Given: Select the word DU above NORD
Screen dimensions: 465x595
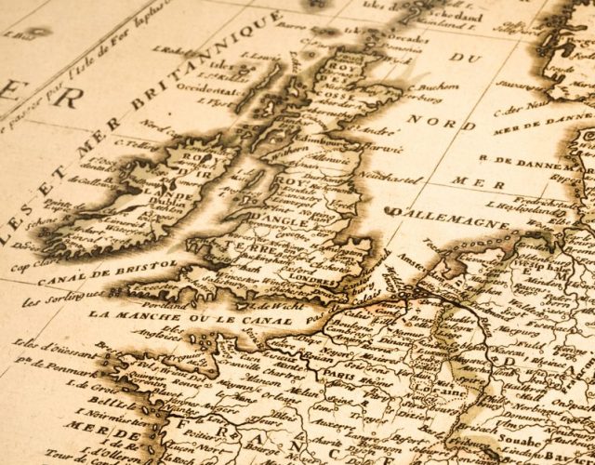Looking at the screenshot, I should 459,57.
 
